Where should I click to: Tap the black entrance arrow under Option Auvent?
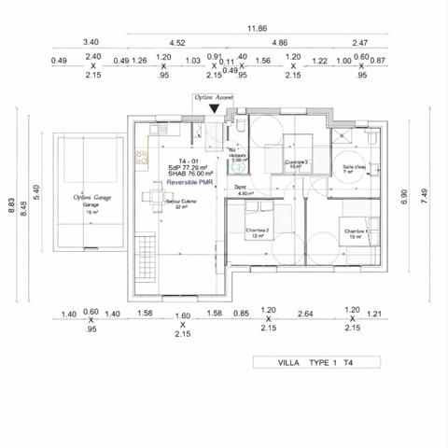(x=215, y=109)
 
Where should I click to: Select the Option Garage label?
(x=90, y=198)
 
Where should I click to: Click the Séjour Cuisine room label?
(x=179, y=203)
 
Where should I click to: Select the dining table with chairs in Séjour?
(x=154, y=196)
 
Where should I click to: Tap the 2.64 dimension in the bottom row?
(x=304, y=315)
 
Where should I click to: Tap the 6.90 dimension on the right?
(x=403, y=198)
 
